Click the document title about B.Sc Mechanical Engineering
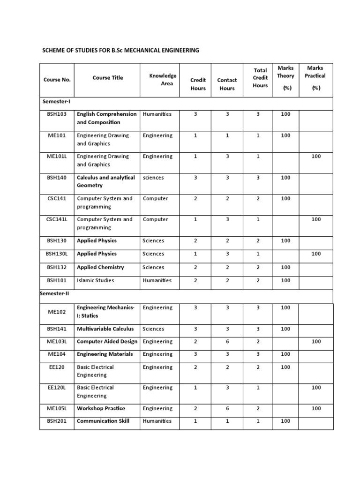tap(121, 50)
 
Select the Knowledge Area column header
tap(163, 80)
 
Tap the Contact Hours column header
tap(227, 84)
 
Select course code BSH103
tap(57, 114)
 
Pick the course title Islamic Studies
tap(95, 280)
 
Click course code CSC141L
tap(57, 219)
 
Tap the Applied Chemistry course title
tap(100, 267)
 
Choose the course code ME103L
tap(57, 342)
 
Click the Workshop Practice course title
tap(101, 408)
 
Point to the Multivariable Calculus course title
tap(105, 329)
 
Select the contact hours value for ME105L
tap(227, 408)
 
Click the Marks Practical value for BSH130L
tap(316, 254)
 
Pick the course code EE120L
tap(57, 388)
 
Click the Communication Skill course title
tap(103, 421)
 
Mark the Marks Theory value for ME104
tap(285, 354)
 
